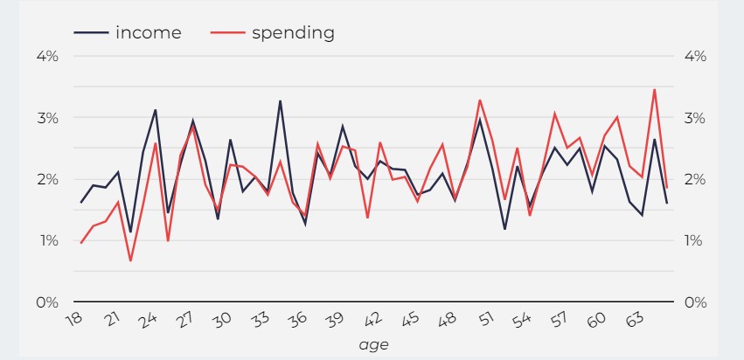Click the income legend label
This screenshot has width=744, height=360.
point(148,33)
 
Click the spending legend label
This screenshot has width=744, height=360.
point(293,33)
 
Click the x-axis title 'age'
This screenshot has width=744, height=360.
point(373,345)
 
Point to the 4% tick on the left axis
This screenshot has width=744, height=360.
point(46,56)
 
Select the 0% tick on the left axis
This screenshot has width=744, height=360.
point(46,302)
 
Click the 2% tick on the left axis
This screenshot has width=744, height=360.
point(46,179)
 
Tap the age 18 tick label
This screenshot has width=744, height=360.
point(76,320)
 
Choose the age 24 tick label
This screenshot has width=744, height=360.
point(150,320)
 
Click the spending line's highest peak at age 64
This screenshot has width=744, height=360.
point(654,89)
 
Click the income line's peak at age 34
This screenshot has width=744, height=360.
point(280,101)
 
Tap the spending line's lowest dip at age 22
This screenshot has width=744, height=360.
point(130,260)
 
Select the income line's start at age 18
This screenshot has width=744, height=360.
point(80,203)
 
